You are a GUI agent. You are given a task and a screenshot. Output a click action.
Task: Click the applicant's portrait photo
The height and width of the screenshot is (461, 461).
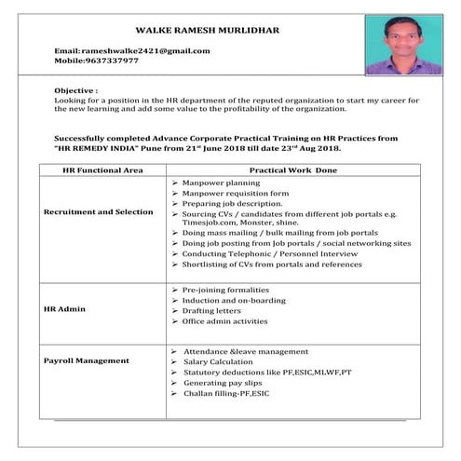point(403,44)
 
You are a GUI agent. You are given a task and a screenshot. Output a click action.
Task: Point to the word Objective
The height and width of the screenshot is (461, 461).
point(74,89)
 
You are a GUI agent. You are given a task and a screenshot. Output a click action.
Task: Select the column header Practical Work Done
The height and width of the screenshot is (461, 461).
point(293,170)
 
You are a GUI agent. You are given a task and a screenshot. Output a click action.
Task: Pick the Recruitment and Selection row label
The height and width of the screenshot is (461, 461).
point(99,212)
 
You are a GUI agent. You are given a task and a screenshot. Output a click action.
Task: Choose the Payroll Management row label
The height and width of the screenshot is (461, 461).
point(87,359)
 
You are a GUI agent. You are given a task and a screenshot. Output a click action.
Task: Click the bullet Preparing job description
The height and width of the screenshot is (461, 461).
point(232,203)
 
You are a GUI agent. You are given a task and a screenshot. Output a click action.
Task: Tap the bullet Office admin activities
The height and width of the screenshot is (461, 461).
point(225,321)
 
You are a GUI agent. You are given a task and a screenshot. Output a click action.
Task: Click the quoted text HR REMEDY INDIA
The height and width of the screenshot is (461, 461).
point(103,149)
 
